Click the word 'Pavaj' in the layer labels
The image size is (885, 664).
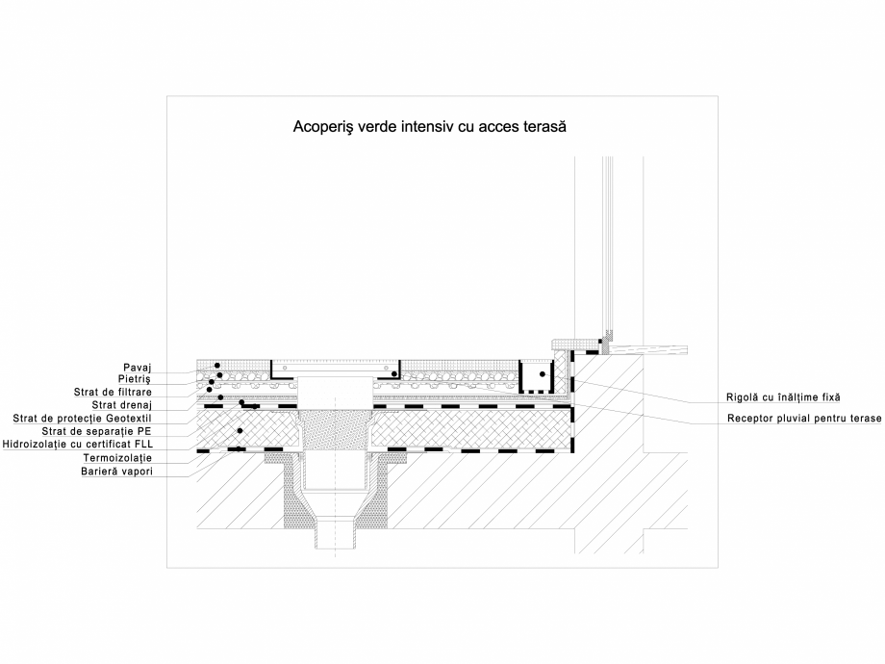click(140, 367)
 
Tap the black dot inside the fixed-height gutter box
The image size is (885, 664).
click(542, 373)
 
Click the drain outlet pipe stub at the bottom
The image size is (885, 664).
click(336, 534)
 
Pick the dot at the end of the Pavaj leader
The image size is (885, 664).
click(217, 366)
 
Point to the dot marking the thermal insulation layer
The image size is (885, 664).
click(240, 429)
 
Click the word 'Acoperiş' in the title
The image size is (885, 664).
click(323, 126)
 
